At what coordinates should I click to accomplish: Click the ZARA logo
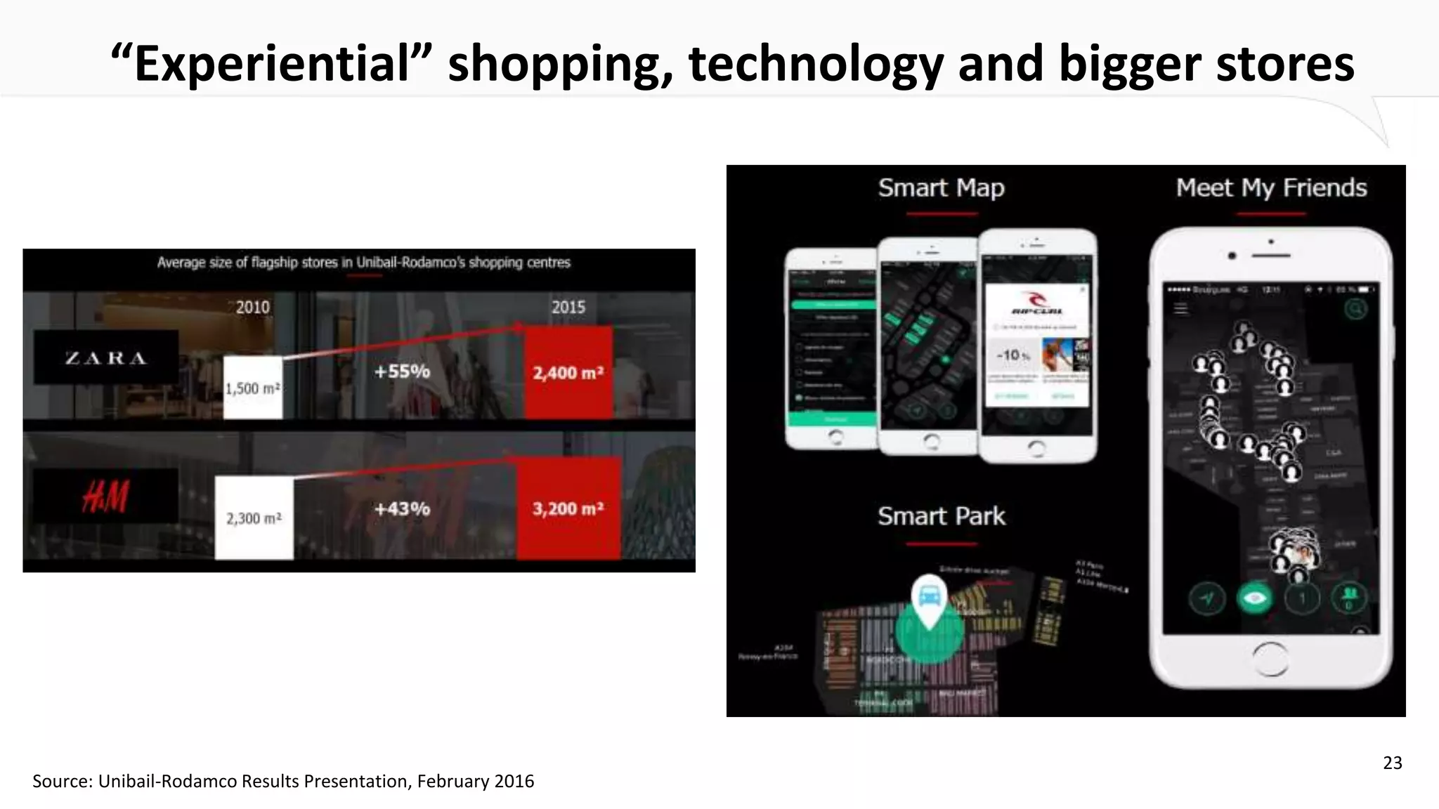click(106, 358)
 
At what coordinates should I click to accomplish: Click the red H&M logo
click(105, 496)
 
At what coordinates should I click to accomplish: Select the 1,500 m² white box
click(253, 388)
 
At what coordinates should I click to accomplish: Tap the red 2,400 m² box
click(568, 373)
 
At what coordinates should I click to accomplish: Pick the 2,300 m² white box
click(254, 518)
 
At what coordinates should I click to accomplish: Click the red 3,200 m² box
click(568, 508)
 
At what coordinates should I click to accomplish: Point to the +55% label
click(402, 371)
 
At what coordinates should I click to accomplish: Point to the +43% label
click(402, 508)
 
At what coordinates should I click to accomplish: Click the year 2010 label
click(252, 308)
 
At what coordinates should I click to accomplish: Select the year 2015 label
click(568, 308)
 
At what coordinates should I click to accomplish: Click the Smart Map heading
click(941, 188)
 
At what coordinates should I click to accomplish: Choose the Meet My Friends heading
click(1271, 188)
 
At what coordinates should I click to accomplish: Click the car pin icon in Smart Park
click(929, 598)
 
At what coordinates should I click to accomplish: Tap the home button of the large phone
click(1270, 659)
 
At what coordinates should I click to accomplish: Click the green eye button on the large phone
click(1255, 598)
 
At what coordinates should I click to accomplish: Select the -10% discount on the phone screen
click(1012, 355)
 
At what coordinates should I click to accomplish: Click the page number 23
click(1392, 763)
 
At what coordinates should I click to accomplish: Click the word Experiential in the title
click(271, 64)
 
